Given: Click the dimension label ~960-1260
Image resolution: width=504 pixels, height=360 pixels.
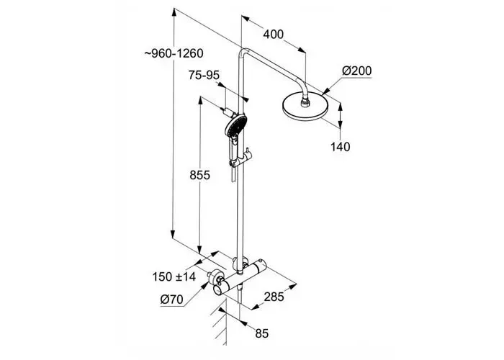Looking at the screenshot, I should pyautogui.click(x=174, y=53).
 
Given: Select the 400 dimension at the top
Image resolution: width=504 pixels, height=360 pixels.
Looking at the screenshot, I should pyautogui.click(x=273, y=34).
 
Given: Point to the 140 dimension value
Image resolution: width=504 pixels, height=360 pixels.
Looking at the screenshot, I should pyautogui.click(x=341, y=147).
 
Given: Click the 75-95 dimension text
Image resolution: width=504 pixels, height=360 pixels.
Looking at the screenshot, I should pyautogui.click(x=203, y=75).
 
